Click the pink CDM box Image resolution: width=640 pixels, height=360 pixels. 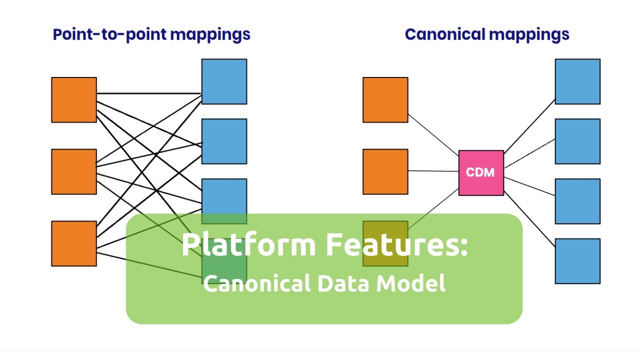tap(481, 172)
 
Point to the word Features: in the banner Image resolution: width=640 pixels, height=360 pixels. tap(397, 245)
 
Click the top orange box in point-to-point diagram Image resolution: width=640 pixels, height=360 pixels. tap(74, 99)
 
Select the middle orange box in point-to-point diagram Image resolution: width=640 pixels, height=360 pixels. tap(74, 171)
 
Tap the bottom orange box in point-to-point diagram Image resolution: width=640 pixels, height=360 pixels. tap(74, 243)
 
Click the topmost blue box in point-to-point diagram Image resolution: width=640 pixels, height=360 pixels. tap(224, 81)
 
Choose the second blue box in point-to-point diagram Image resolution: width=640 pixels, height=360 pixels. tap(224, 141)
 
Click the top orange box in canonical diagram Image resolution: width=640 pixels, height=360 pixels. tap(385, 99)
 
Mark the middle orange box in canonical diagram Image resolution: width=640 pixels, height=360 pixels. tap(385, 171)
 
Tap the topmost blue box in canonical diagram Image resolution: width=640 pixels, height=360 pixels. tap(577, 81)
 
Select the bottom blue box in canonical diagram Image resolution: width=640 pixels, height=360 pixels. tap(577, 261)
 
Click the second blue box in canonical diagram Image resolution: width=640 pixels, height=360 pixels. tap(577, 141)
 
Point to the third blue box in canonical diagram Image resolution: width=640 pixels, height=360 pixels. tap(577, 201)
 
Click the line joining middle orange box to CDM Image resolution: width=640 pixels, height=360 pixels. tap(433, 171)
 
